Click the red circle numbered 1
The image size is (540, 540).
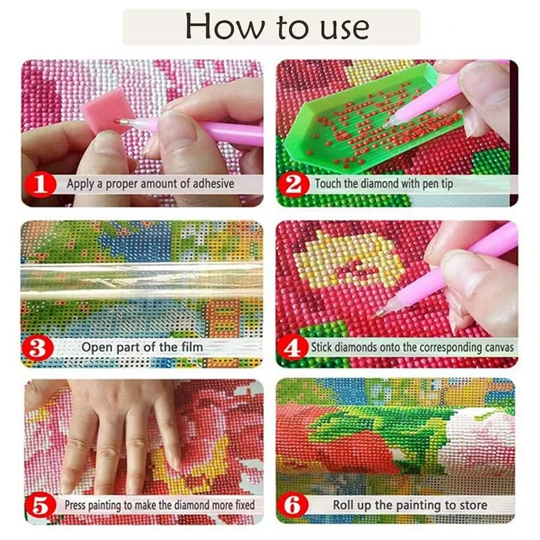point(40,185)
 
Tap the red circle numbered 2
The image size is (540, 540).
point(294,185)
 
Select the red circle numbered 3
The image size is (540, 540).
point(38,348)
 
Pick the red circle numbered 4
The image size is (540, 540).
point(293,348)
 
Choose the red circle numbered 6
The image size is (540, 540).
point(293,506)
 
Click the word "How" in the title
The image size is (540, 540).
point(225,26)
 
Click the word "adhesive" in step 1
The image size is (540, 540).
point(213,184)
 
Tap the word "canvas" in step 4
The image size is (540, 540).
point(499,348)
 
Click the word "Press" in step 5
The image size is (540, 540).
point(75,506)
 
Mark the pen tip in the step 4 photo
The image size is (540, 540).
point(378,313)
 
